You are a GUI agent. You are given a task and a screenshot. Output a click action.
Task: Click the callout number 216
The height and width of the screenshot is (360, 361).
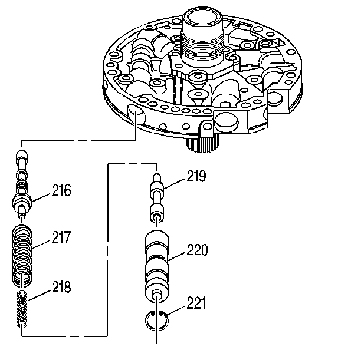(x=61, y=190)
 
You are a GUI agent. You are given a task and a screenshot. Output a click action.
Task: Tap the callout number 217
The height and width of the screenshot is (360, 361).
(x=61, y=237)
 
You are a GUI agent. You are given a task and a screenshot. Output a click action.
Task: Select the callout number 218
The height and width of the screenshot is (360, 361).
(x=61, y=287)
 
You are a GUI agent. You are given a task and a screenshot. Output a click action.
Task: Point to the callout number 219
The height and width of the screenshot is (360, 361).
(x=196, y=176)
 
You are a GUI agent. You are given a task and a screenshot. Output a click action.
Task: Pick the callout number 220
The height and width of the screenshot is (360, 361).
(x=197, y=250)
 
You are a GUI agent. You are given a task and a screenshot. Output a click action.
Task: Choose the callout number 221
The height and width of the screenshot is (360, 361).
(x=196, y=303)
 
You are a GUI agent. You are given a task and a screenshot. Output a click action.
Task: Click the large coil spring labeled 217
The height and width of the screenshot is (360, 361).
(x=22, y=255)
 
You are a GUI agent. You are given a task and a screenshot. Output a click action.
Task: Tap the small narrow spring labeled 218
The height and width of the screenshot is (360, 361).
(x=22, y=309)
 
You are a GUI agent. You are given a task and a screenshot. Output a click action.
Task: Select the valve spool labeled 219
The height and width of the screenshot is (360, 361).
(x=157, y=198)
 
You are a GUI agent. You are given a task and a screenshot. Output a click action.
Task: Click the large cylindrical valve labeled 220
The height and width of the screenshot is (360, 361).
(x=157, y=266)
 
